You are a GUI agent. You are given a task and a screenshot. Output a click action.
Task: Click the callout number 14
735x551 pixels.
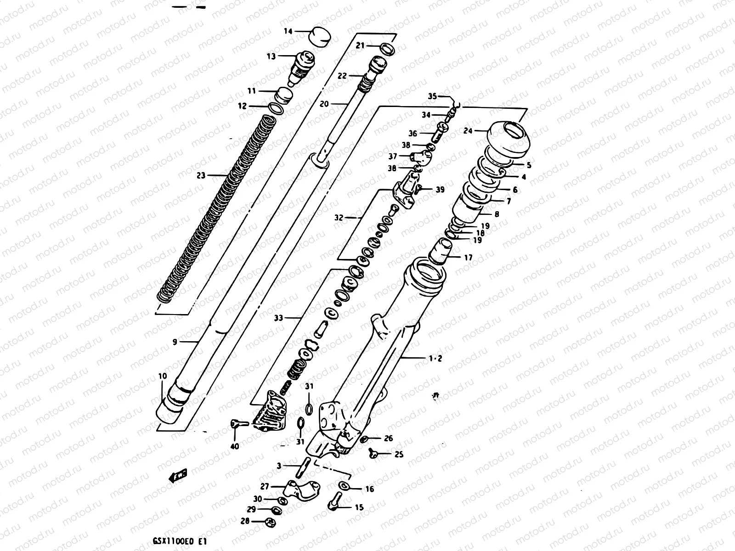pos(288,32)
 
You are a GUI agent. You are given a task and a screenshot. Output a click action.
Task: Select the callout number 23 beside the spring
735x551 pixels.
pos(200,175)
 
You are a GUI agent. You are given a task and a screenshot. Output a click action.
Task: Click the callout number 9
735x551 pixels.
pos(175,342)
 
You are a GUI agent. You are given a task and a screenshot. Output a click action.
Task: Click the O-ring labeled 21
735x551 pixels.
pos(387,48)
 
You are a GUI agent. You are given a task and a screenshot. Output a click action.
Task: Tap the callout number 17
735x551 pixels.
pos(468,258)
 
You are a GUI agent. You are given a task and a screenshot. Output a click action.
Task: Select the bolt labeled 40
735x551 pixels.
pos(238,424)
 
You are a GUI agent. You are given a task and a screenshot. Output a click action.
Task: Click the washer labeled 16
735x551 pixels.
pos(344,486)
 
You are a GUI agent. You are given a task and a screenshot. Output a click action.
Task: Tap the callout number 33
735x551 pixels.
pos(278,317)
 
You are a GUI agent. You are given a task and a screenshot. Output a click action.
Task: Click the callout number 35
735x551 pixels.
pos(432,96)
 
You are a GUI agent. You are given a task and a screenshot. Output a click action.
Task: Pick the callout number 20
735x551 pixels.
pos(324,104)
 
